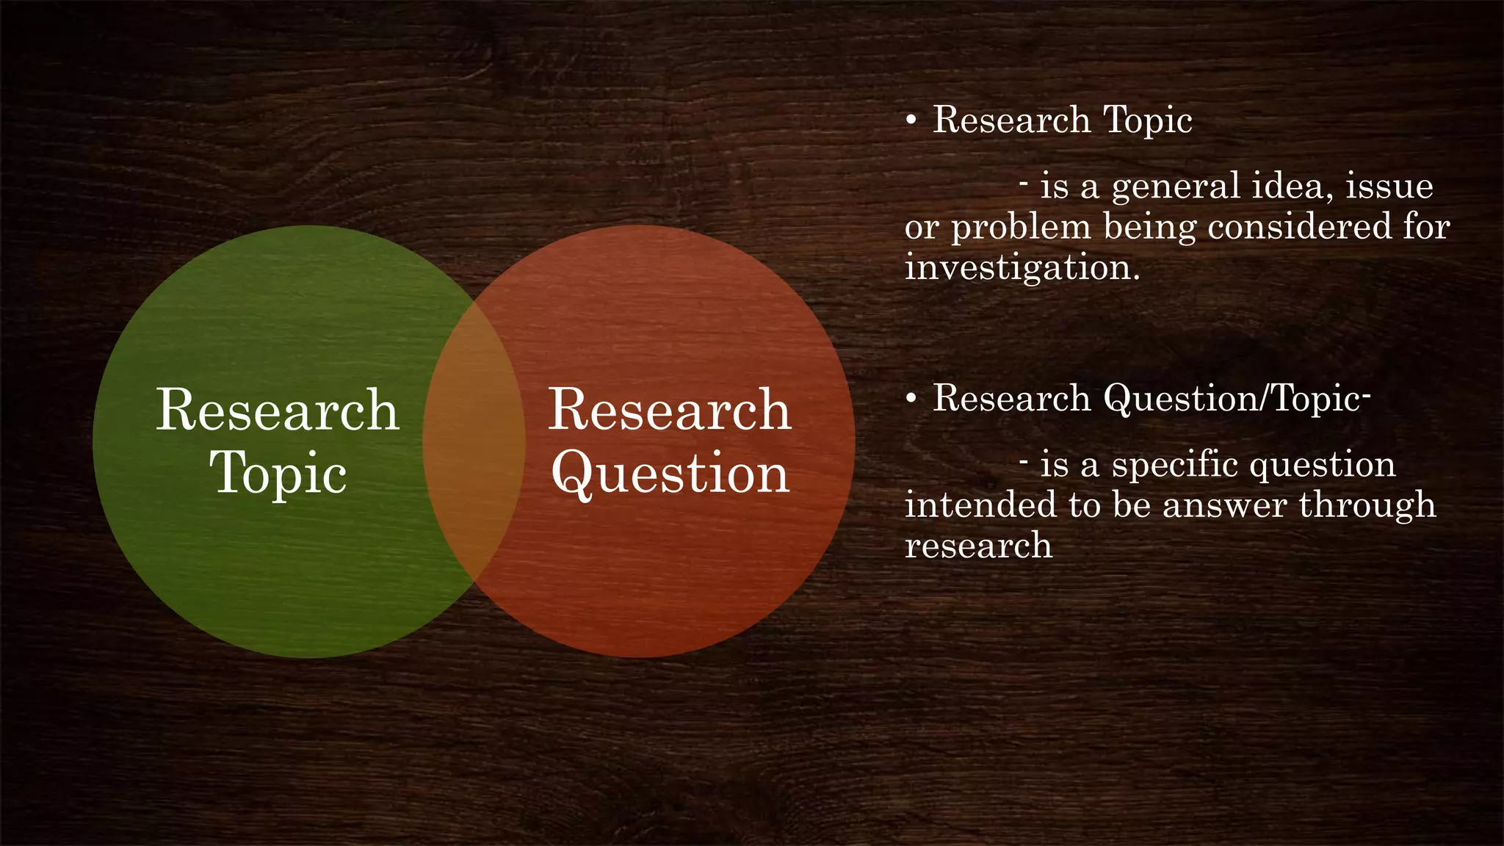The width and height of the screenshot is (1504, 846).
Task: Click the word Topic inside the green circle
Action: [x=278, y=474]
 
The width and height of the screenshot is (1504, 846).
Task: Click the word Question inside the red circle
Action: [x=670, y=474]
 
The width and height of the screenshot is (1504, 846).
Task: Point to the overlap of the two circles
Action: [x=474, y=441]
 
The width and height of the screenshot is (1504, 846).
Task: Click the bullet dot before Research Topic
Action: [x=911, y=120]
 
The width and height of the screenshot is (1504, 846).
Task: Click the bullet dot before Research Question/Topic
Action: [x=911, y=399]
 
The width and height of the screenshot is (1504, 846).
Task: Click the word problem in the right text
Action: [x=1022, y=228]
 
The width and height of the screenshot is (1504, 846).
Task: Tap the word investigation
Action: [x=1022, y=267]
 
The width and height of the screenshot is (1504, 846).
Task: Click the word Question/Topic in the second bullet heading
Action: [x=1233, y=399]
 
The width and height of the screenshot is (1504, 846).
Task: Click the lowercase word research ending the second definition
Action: [x=978, y=546]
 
